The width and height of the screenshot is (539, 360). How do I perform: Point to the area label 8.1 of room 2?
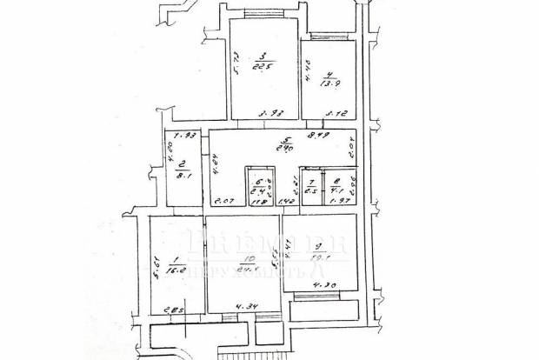184,171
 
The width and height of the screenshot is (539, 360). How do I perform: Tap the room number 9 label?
319,248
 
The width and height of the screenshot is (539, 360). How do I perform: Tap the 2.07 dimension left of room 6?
224,202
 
